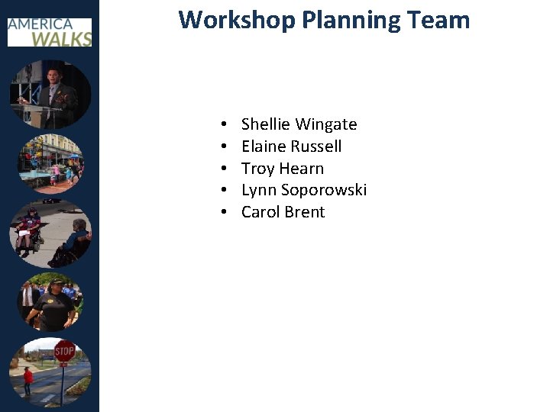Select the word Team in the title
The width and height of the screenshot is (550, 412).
pos(440,20)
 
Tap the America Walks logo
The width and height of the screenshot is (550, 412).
pos(50,31)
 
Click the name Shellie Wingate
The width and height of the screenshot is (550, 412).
pos(299,124)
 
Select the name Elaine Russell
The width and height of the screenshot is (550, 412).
pos(291,146)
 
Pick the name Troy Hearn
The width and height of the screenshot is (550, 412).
pos(282,169)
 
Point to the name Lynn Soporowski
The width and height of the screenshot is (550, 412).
pos(303,190)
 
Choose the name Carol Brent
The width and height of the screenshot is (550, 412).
pos(283,212)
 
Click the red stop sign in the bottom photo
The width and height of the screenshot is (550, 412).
pos(64,352)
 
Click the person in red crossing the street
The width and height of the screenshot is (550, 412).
pos(28,379)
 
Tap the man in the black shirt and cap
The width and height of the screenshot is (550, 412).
pos(55,303)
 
